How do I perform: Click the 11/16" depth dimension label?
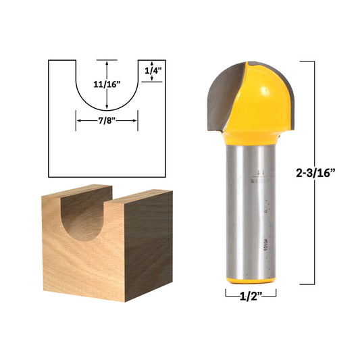tap(107, 84)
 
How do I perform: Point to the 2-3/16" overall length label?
tap(330, 172)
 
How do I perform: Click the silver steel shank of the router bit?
tap(251, 203)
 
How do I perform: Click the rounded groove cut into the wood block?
tap(82, 220)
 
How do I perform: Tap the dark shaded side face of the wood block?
tap(149, 233)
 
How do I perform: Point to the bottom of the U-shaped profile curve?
tap(107, 110)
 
